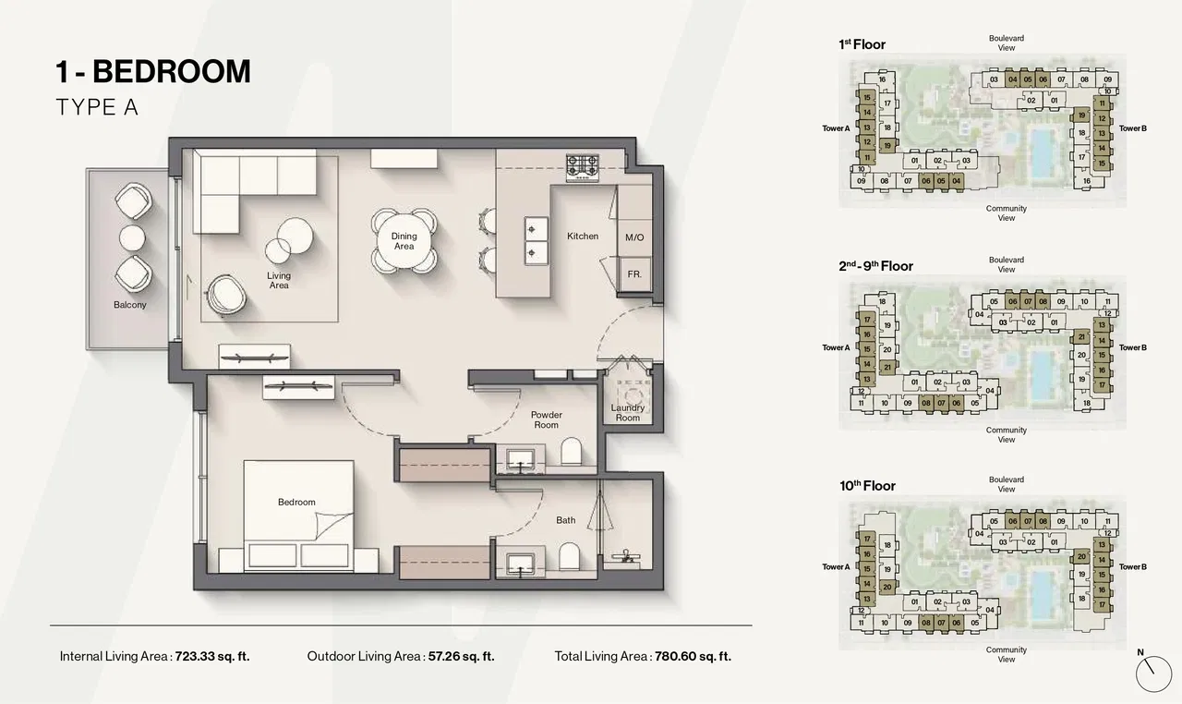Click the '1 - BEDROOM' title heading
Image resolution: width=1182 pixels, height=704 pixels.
pos(153,71)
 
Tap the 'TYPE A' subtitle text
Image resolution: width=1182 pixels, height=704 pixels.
pos(97,108)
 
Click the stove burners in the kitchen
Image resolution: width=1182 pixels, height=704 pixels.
pos(583,166)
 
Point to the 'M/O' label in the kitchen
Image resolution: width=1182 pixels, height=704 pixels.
pos(633,237)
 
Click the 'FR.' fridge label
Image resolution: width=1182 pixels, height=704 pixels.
pos(634,274)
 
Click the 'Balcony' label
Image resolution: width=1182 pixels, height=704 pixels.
pos(130,305)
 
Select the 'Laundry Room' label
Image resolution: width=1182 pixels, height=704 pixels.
pos(628,413)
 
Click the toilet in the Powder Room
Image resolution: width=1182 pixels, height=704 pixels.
pos(571,452)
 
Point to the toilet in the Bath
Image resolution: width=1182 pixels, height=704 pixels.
pos(571,556)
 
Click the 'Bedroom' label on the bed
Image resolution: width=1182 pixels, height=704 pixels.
pos(296,503)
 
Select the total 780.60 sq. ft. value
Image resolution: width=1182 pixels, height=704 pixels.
pos(693,657)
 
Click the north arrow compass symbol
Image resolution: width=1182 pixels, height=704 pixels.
pos(1152,672)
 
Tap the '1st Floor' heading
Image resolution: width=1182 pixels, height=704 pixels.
pos(862,44)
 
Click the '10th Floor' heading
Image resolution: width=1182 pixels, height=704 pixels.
pos(866,486)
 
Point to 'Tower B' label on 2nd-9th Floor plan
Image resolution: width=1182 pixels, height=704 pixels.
pos(1132,347)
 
